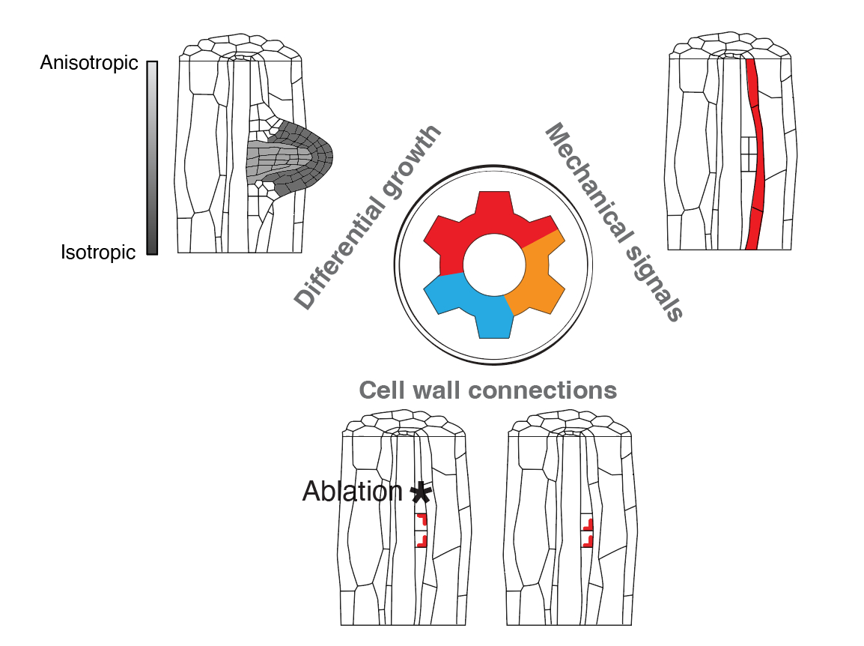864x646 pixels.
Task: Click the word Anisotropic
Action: [89, 64]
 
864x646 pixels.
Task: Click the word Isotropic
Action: [98, 253]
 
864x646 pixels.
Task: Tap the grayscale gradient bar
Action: [152, 157]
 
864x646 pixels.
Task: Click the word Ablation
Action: [353, 491]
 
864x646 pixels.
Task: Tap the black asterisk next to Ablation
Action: [422, 492]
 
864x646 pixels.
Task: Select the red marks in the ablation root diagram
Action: [422, 529]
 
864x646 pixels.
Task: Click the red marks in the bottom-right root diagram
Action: [588, 531]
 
